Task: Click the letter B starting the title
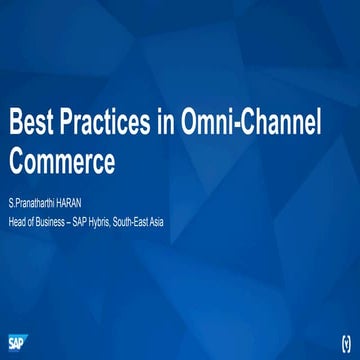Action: tap(15, 125)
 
